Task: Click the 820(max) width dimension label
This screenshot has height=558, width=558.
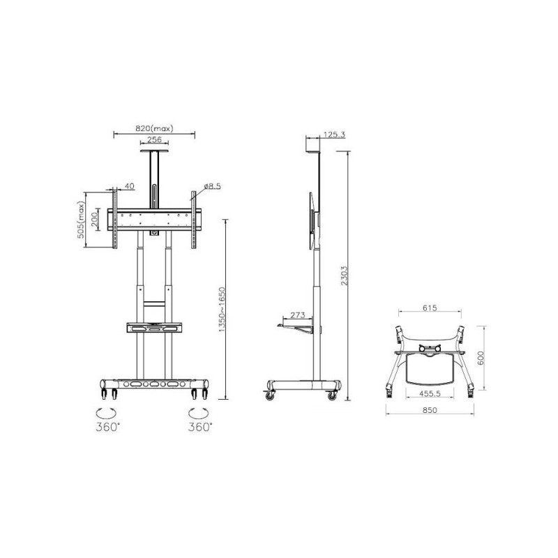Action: pyautogui.click(x=154, y=128)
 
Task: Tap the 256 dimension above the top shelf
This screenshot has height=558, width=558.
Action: pyautogui.click(x=154, y=139)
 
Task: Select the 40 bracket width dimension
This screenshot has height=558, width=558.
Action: pyautogui.click(x=130, y=186)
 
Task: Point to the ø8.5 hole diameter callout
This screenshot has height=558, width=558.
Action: pyautogui.click(x=213, y=186)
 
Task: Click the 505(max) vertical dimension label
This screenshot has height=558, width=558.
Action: pyautogui.click(x=81, y=220)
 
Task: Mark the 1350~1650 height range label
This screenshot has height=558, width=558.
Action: pyautogui.click(x=222, y=310)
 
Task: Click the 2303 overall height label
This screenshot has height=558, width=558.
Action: pyautogui.click(x=344, y=276)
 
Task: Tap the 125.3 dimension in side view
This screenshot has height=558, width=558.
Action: pyautogui.click(x=334, y=135)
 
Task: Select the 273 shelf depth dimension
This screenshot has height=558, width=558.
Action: pyautogui.click(x=298, y=315)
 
